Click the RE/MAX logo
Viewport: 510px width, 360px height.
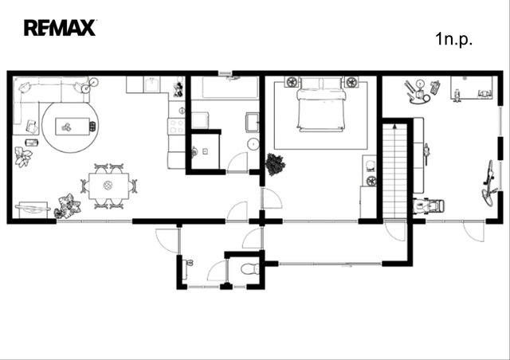pos(60,28)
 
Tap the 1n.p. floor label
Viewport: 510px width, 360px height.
pos(453,39)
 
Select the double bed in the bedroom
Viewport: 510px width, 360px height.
pos(320,104)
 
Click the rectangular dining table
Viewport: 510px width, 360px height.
pos(108,186)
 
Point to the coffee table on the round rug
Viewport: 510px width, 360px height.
pos(73,127)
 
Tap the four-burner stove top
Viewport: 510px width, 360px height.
pos(176,127)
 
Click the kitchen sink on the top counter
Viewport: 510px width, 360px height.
pos(152,84)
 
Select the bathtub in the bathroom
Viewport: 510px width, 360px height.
pos(230,87)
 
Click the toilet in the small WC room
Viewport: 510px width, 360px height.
pos(249,269)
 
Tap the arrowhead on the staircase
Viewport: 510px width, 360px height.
pos(395,126)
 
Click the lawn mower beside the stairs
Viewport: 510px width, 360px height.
pos(429,205)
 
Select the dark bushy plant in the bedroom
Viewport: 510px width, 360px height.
pos(275,165)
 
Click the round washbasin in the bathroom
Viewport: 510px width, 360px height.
pos(253,143)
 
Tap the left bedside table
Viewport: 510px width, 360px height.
pos(292,82)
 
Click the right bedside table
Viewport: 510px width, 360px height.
pos(351,82)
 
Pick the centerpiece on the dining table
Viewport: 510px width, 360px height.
pos(108,186)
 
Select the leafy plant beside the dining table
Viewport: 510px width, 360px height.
pos(68,205)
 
